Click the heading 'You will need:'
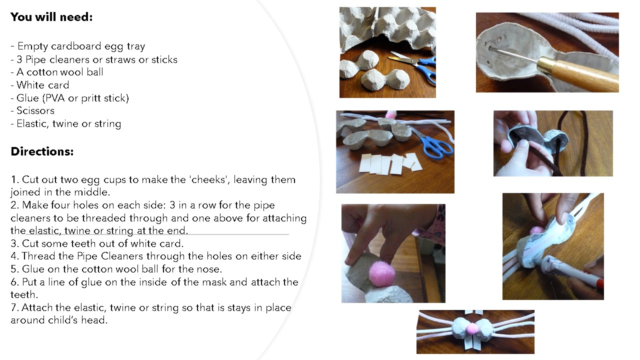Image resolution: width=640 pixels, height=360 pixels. [51, 17]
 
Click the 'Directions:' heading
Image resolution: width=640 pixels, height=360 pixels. [42, 151]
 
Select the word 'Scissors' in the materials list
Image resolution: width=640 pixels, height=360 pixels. [35, 110]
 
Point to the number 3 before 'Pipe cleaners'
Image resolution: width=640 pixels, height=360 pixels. [19, 59]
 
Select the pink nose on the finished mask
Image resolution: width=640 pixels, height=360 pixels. [471, 328]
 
